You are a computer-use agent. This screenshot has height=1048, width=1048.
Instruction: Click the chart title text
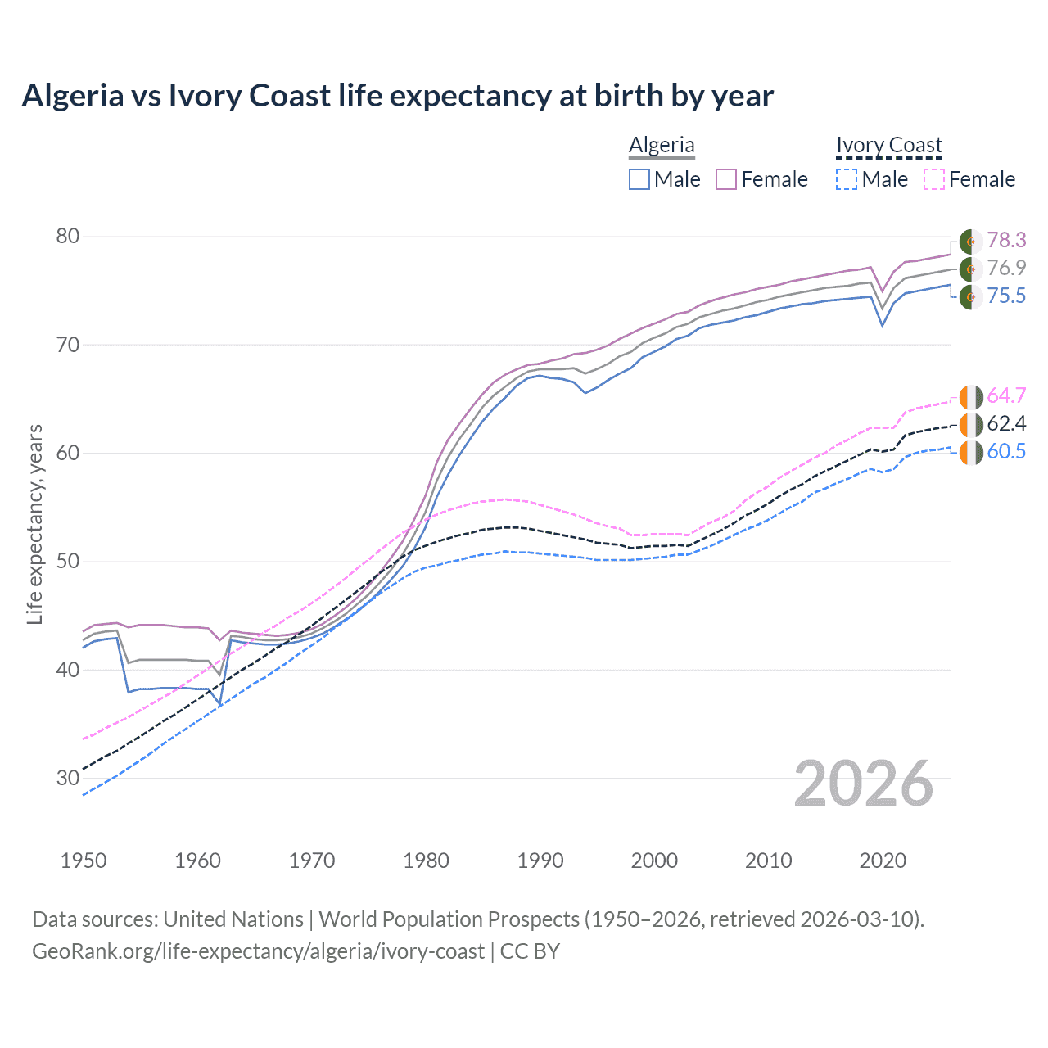[x=397, y=96]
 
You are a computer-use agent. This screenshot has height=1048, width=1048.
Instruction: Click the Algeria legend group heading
[x=662, y=145]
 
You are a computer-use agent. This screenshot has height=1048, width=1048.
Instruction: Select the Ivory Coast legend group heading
[x=889, y=145]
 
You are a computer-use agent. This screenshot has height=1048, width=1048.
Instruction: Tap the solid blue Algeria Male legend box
[x=639, y=179]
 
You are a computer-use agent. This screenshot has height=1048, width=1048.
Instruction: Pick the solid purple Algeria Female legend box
[x=726, y=179]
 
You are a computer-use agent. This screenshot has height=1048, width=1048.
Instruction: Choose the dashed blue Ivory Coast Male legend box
[x=847, y=179]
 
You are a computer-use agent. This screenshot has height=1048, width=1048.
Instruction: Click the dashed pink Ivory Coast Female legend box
[x=934, y=179]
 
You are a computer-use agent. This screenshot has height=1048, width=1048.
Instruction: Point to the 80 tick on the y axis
[x=68, y=237]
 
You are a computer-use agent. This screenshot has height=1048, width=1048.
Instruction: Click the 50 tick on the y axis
[x=68, y=562]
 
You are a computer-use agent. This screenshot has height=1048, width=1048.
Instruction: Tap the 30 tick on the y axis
[x=68, y=778]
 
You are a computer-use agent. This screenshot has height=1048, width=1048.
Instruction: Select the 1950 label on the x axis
[x=84, y=861]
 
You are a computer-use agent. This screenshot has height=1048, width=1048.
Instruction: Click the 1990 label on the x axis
[x=540, y=861]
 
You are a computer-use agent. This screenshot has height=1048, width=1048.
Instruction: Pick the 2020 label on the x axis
[x=883, y=861]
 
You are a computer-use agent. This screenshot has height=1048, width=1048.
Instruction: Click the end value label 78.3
[x=1006, y=240]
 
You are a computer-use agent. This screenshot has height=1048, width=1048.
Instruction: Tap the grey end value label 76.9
[x=1006, y=268]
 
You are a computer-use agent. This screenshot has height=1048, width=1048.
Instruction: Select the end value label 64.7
[x=1006, y=396]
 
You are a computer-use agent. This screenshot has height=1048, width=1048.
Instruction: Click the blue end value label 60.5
[x=1006, y=452]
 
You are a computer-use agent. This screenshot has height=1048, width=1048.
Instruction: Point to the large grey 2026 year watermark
[x=864, y=784]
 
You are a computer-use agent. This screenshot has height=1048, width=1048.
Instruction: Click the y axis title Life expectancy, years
[x=35, y=524]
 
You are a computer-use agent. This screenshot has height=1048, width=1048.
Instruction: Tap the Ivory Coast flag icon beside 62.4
[x=971, y=425]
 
